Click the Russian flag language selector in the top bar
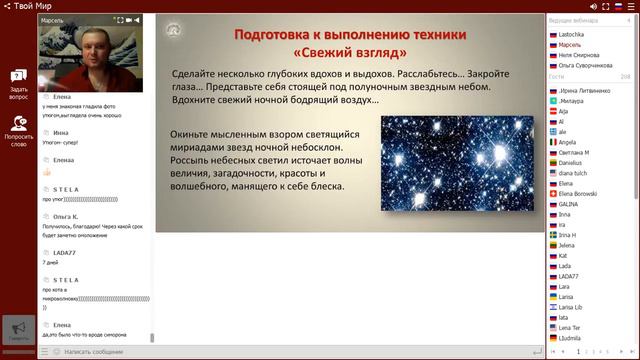pos(617,6)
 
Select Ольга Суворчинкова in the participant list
pos(585,65)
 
